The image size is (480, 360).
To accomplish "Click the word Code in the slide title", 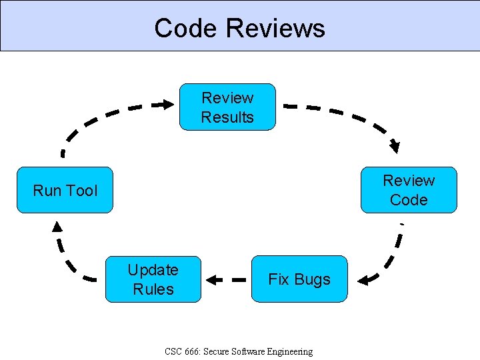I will point(186,28).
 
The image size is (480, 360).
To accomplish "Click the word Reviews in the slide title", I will point(275,28).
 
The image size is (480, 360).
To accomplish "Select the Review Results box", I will point(227,107).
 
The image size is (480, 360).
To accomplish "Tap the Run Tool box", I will point(65,190).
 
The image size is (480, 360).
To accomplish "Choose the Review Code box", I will point(409,190).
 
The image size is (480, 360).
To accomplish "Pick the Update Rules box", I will point(153,279).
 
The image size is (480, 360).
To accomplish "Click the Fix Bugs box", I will point(299,279).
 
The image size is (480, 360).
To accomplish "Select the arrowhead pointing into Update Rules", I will point(211,279).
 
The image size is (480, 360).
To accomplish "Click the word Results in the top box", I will point(227,117).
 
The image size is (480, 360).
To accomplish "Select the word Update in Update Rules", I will point(153,270).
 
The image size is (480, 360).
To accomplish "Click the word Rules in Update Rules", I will point(153,289).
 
